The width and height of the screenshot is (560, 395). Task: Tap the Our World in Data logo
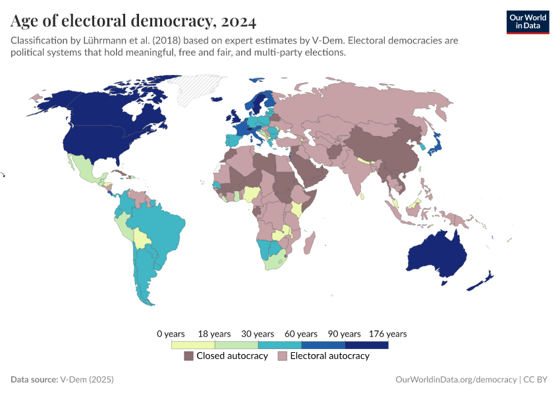[x=527, y=21]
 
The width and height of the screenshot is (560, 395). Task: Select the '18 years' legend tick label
[x=215, y=334]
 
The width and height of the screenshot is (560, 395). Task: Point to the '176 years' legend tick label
[x=388, y=334]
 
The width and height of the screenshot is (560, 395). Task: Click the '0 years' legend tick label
[x=171, y=334]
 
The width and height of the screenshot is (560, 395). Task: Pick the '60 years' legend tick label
[x=302, y=334]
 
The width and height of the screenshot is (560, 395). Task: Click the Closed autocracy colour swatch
[x=188, y=356]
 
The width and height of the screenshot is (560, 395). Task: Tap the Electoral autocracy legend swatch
[x=283, y=356]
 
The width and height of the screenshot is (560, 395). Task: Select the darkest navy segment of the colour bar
[x=366, y=344]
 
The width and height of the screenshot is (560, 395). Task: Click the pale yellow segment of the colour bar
[x=193, y=344]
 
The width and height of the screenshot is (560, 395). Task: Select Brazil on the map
[x=161, y=228]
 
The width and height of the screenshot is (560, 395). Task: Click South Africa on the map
[x=277, y=261]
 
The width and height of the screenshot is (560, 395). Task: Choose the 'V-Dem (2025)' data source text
[x=87, y=380]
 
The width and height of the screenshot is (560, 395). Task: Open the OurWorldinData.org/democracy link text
[x=457, y=380]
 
